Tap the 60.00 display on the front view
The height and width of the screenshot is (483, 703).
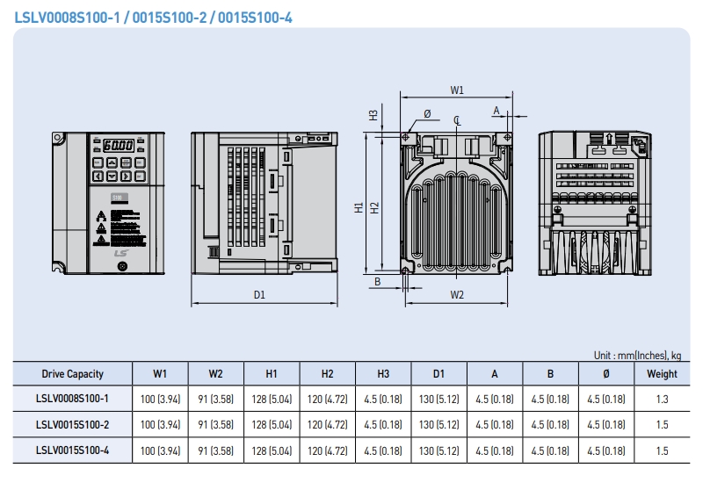click(x=118, y=146)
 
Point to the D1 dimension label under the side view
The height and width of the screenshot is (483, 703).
click(x=260, y=295)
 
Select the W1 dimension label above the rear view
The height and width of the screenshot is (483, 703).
click(x=457, y=90)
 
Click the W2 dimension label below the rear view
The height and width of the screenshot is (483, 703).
click(x=457, y=295)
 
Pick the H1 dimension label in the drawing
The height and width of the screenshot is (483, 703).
click(x=359, y=207)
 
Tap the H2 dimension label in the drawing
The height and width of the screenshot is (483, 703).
click(x=374, y=207)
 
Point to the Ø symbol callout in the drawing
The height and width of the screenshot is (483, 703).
click(x=427, y=113)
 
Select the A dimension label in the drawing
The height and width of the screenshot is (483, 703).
click(x=496, y=111)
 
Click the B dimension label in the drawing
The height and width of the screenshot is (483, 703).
click(x=377, y=282)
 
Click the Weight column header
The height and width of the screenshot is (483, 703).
click(x=662, y=373)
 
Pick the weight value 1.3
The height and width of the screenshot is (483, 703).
click(x=662, y=399)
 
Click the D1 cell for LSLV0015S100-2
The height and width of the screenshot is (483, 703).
click(x=438, y=424)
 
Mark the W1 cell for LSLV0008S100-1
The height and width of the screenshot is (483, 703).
click(x=159, y=399)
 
